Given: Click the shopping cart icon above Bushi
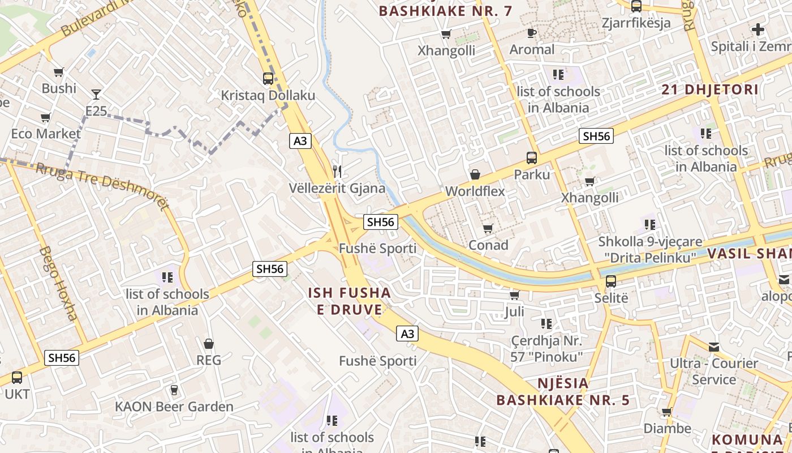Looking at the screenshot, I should [58, 72].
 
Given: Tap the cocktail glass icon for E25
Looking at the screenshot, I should [96, 94].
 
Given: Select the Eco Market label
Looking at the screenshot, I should [46, 134].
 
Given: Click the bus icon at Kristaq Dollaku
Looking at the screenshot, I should [268, 79].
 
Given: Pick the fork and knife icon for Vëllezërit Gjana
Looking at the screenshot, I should [337, 171].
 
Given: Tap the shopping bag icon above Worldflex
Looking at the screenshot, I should [475, 174].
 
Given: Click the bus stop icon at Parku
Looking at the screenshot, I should [532, 158].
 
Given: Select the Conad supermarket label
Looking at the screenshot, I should [488, 245].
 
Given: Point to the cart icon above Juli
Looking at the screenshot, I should [514, 295].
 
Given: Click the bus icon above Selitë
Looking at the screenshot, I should [611, 281].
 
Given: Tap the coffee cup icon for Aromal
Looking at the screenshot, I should [532, 33].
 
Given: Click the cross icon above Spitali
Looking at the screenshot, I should [758, 29].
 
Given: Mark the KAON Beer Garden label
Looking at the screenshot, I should [174, 407].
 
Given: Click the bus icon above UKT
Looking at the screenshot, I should [17, 377].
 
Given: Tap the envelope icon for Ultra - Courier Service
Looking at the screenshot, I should [714, 347].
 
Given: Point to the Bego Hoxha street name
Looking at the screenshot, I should [59, 283].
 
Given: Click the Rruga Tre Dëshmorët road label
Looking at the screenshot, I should [102, 186].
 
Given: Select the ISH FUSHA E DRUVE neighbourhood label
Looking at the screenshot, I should [349, 301].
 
